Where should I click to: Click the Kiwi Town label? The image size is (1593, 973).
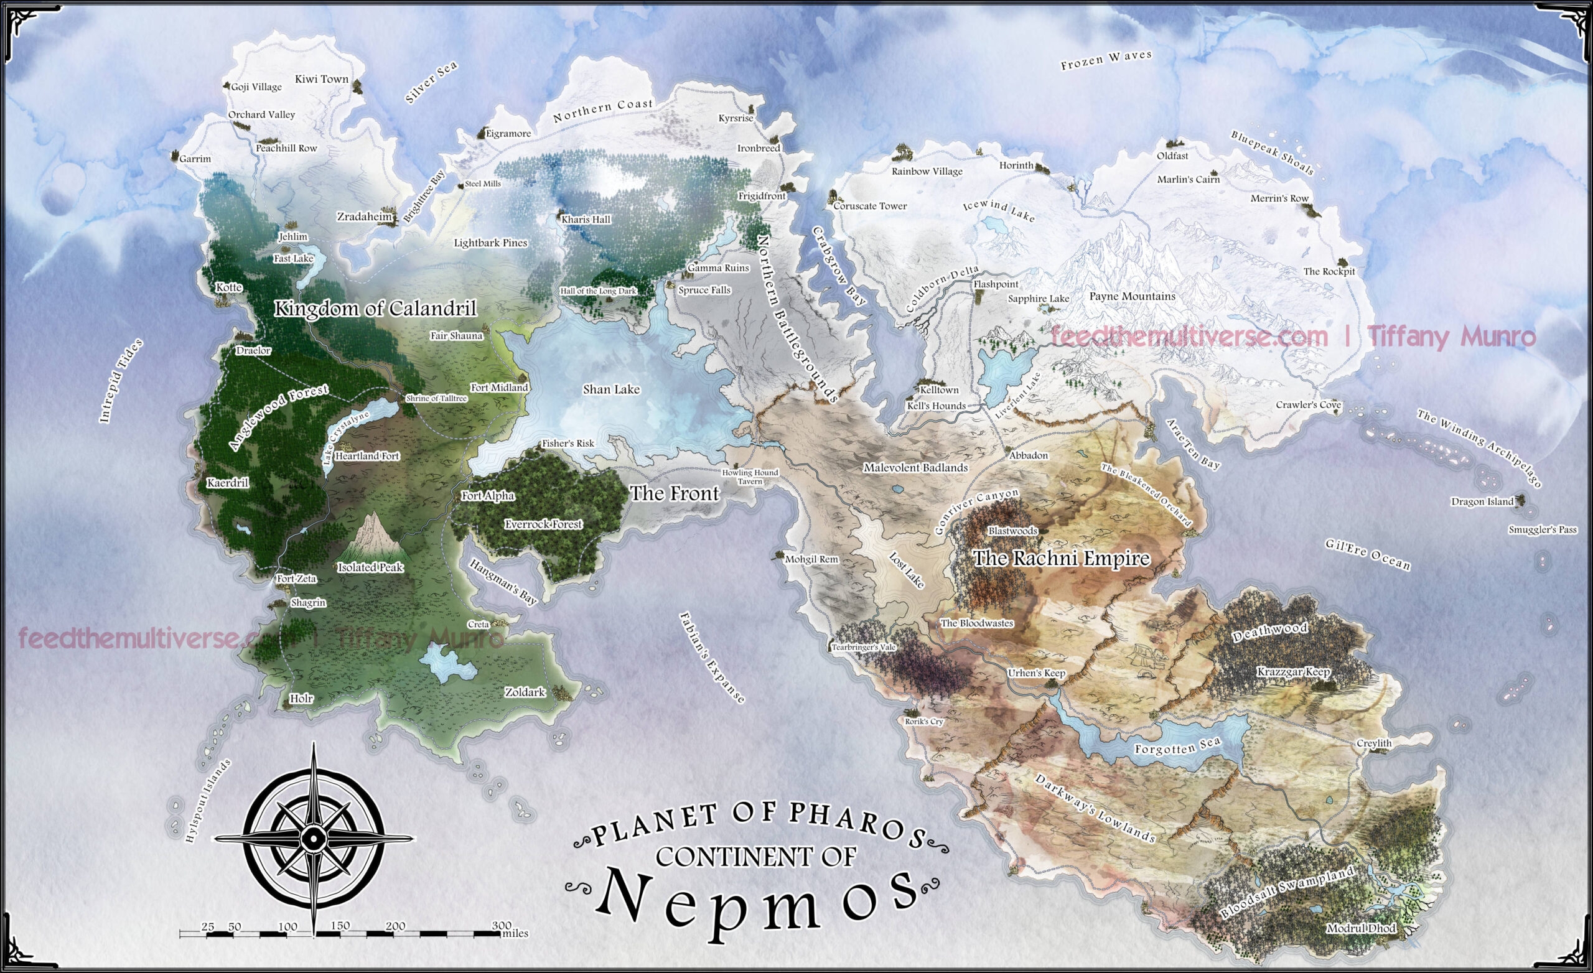click(321, 79)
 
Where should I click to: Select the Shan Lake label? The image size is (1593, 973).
click(611, 389)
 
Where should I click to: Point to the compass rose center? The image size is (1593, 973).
click(314, 839)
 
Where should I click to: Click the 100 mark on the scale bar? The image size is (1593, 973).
click(287, 926)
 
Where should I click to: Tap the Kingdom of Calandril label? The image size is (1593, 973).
click(375, 309)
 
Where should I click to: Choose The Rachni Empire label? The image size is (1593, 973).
click(1062, 558)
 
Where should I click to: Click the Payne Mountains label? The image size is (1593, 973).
click(1132, 296)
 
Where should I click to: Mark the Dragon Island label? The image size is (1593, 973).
click(1482, 501)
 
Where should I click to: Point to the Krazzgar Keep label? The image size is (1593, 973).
click(1293, 672)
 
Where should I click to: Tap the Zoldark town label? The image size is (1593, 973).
click(525, 692)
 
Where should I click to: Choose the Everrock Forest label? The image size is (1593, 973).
click(543, 524)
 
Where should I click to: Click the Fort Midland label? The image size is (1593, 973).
click(499, 387)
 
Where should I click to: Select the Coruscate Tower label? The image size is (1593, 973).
click(869, 207)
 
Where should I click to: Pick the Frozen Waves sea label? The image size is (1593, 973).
click(1106, 60)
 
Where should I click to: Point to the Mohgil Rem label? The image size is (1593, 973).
click(811, 559)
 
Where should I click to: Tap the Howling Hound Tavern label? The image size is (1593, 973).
click(750, 477)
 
